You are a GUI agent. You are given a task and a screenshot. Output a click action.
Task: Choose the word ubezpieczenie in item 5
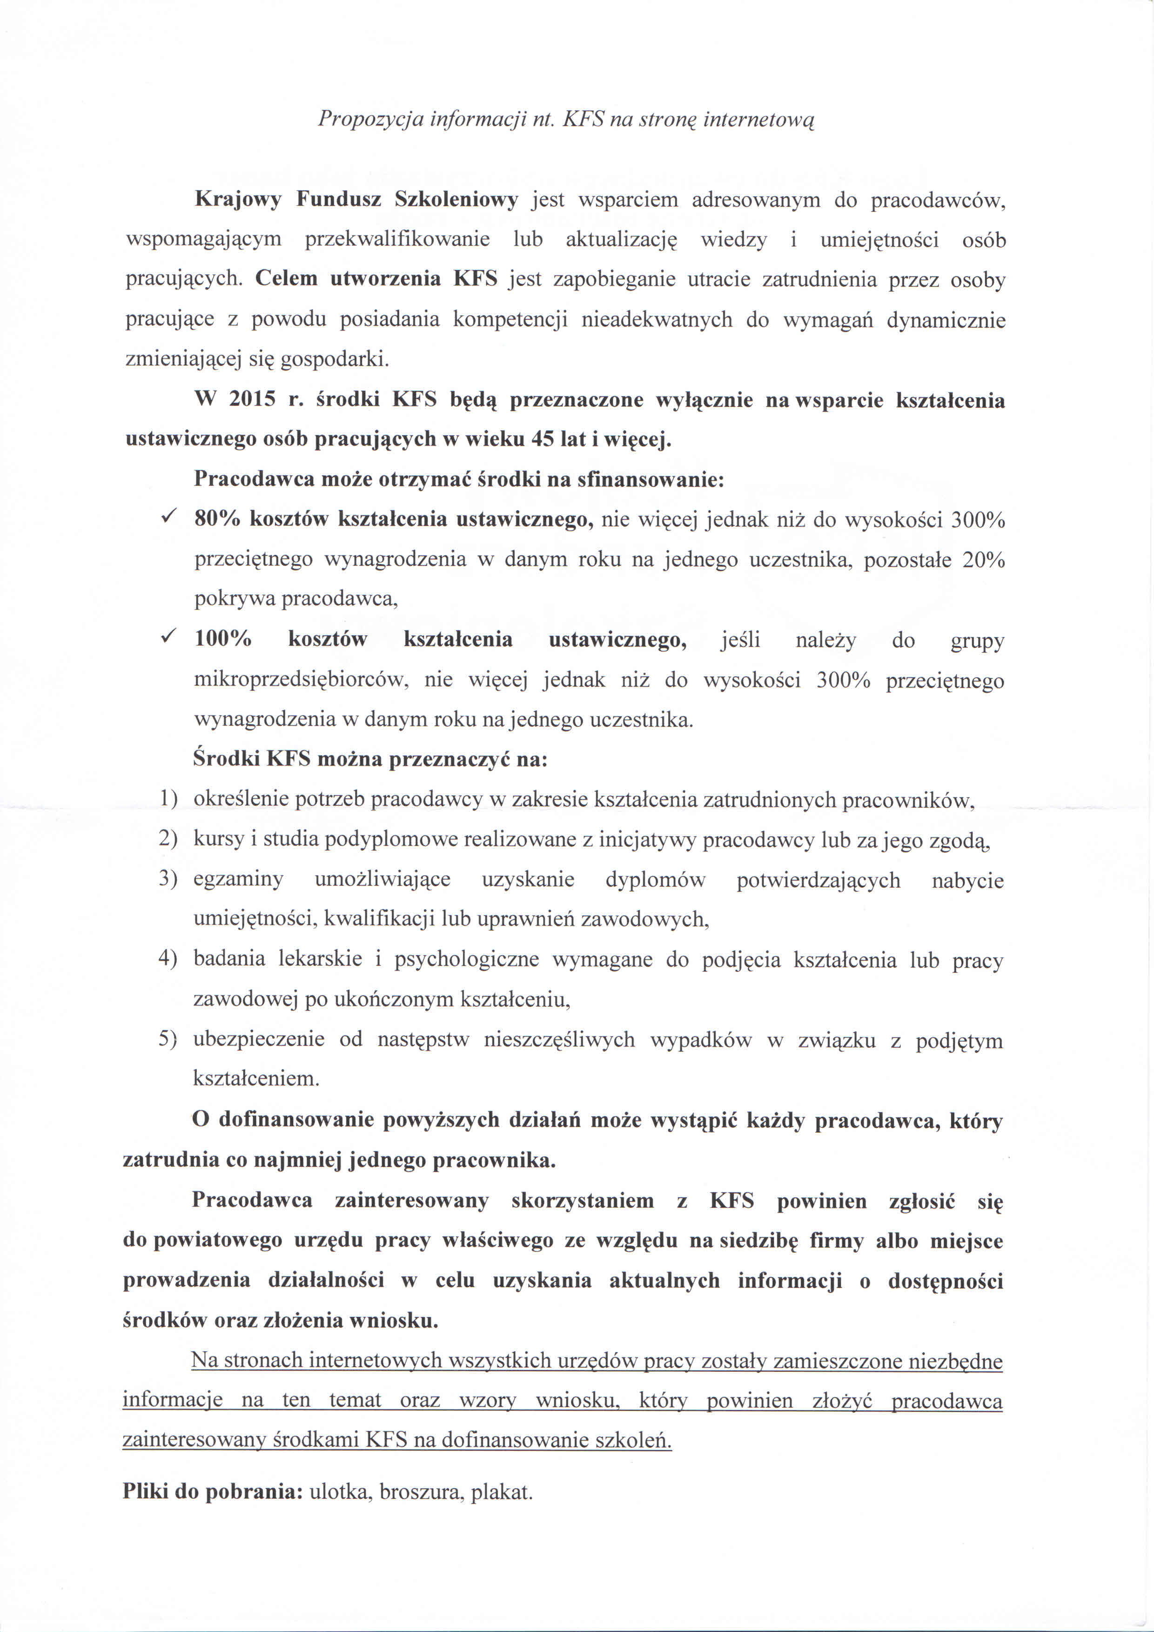(x=259, y=1040)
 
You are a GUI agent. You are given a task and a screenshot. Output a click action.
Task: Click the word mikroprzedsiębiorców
(x=300, y=680)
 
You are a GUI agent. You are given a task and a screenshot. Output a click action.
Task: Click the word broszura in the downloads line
(x=419, y=1491)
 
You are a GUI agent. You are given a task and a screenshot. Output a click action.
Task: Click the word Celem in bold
(x=286, y=279)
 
